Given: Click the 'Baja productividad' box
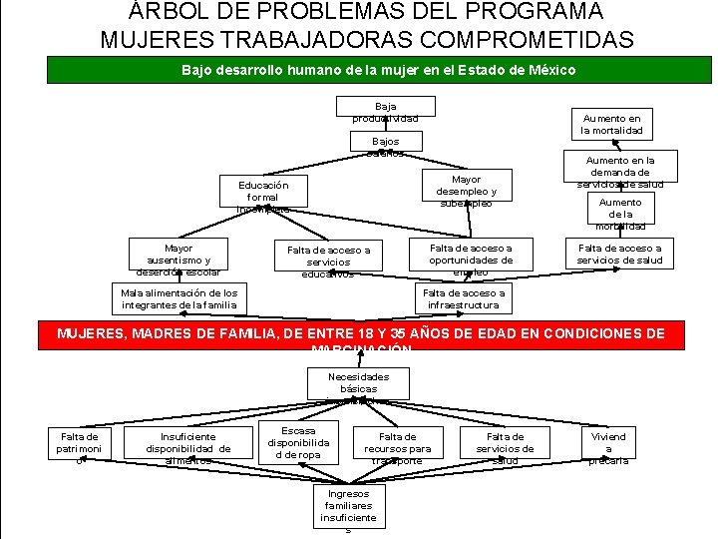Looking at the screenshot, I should coord(386,112).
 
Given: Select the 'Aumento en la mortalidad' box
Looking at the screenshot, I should coord(612,124).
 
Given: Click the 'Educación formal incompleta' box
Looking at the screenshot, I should coord(263,197).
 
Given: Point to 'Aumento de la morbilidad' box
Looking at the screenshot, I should coord(620,213).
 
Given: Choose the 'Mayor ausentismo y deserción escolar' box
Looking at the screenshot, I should coord(178,258).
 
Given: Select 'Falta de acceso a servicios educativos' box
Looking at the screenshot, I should coord(328,260).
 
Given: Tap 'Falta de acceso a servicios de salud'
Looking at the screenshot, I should coord(619,255).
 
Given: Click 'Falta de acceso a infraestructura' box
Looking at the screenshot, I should coord(464,298).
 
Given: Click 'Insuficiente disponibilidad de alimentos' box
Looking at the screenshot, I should coord(187,448).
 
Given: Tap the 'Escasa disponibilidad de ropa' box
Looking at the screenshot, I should coord(298,443).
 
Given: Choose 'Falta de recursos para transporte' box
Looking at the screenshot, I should coord(398,448).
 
